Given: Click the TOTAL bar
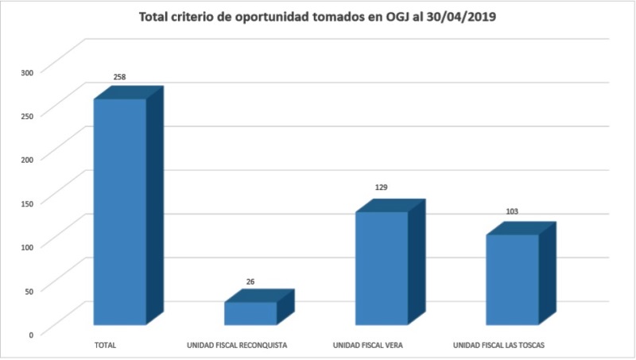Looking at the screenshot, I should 120,211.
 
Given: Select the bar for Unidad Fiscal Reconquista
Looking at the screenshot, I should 250,313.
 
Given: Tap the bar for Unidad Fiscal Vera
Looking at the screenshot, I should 382,268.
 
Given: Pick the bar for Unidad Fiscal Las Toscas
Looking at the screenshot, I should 512,279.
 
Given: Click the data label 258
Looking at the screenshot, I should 120,77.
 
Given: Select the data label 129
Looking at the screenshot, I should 382,188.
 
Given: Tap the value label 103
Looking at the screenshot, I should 512,211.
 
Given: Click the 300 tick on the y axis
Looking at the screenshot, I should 27,72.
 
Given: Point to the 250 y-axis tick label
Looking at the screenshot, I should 27,116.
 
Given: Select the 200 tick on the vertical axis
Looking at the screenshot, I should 27,160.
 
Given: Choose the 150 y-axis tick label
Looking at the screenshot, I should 27,203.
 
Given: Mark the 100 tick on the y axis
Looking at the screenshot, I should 27,247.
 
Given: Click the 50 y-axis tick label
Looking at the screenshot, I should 29,291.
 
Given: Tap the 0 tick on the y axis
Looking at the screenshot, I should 31,335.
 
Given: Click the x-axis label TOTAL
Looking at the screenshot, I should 105,346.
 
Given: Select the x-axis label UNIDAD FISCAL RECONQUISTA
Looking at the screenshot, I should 236,346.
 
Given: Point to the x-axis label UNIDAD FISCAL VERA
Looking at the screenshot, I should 368,346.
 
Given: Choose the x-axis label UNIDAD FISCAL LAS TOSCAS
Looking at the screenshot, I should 498,346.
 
